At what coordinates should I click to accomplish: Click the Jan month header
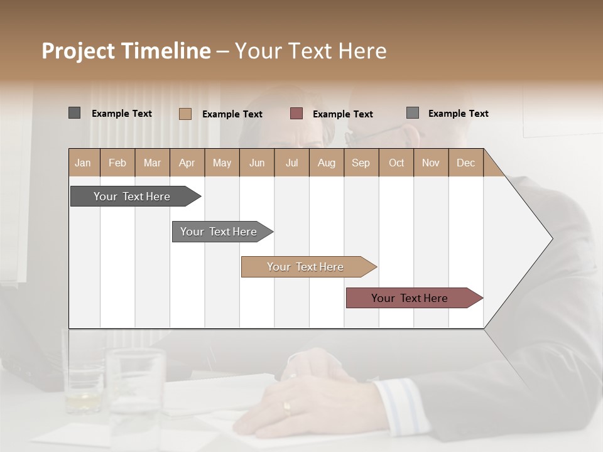click(83, 163)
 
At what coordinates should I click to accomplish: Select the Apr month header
click(187, 163)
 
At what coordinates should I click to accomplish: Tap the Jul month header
click(291, 163)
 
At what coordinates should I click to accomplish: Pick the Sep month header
click(361, 163)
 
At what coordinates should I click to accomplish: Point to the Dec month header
click(465, 163)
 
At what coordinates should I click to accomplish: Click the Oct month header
click(396, 163)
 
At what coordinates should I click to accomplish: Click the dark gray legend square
click(74, 113)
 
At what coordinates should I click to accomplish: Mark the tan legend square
click(185, 114)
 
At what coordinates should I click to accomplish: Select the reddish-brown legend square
click(296, 114)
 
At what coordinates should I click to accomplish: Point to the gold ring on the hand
click(287, 409)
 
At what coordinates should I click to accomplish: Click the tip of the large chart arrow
click(551, 239)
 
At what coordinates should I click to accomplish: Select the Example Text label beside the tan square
click(232, 114)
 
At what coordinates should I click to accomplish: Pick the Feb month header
click(117, 163)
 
